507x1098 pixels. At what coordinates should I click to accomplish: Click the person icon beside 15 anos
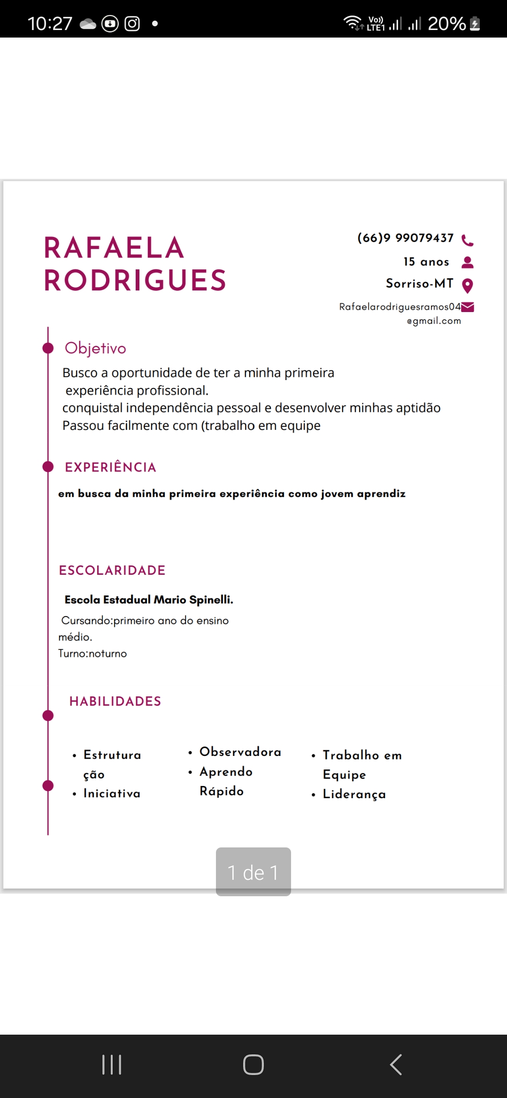pyautogui.click(x=468, y=262)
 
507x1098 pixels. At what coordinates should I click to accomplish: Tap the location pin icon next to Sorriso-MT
pyautogui.click(x=468, y=285)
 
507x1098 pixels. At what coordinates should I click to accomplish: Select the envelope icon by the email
pyautogui.click(x=468, y=307)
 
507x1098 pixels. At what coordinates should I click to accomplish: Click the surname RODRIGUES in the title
pyautogui.click(x=135, y=281)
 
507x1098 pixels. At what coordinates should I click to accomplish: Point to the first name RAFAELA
pyautogui.click(x=114, y=248)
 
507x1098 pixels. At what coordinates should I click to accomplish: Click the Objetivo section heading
pyautogui.click(x=95, y=348)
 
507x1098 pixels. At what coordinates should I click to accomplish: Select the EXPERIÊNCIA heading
pyautogui.click(x=110, y=467)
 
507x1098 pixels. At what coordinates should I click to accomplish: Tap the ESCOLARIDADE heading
pyautogui.click(x=112, y=571)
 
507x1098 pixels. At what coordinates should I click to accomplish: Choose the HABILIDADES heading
pyautogui.click(x=115, y=701)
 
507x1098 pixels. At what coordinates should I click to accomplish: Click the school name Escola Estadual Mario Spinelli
pyautogui.click(x=149, y=600)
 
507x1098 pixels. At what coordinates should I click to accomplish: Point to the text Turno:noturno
pyautogui.click(x=92, y=654)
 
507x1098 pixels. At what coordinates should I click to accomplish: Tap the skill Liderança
pyautogui.click(x=354, y=794)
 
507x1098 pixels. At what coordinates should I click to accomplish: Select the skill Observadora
pyautogui.click(x=240, y=752)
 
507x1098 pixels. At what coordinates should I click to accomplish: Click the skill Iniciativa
pyautogui.click(x=112, y=793)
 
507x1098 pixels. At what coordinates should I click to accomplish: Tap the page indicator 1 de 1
pyautogui.click(x=253, y=872)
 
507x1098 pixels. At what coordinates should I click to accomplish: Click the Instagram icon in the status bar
pyautogui.click(x=132, y=23)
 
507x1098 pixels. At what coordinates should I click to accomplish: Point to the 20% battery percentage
pyautogui.click(x=446, y=23)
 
